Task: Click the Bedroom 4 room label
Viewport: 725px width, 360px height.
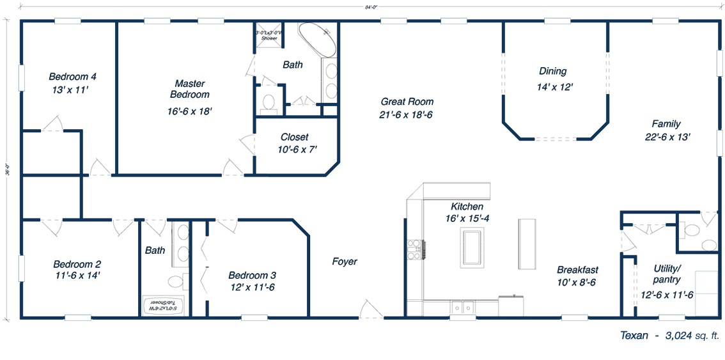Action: click(72, 77)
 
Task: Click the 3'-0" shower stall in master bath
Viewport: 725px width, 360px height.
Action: click(267, 36)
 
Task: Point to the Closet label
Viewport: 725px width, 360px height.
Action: click(294, 137)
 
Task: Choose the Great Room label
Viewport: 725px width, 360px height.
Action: click(407, 102)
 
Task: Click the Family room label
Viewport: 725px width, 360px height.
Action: click(666, 124)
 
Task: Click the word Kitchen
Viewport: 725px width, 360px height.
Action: click(467, 207)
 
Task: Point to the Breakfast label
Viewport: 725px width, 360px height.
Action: click(577, 270)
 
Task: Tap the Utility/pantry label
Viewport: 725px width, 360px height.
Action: click(667, 274)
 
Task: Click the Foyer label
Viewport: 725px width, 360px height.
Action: click(345, 262)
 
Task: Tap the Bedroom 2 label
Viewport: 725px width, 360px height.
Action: click(77, 264)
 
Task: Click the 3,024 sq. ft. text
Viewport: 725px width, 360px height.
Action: click(692, 335)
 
